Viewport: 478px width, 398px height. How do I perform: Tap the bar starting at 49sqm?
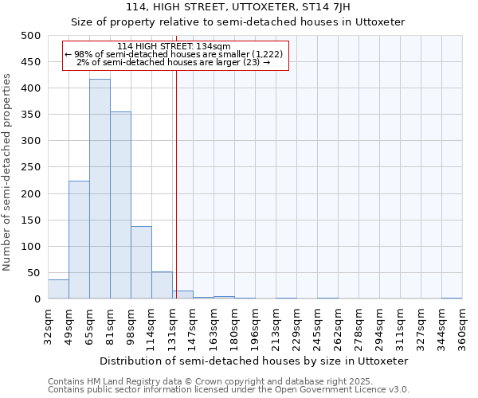point(79,240)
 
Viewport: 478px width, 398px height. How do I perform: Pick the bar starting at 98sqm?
point(141,263)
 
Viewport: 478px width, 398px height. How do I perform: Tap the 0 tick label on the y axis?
point(37,299)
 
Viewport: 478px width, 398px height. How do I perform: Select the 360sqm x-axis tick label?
point(463,326)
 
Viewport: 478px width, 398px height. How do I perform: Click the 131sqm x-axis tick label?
point(172,326)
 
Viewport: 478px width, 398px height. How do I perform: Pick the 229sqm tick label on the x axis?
point(296,326)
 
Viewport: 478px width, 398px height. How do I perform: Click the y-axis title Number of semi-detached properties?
point(8,171)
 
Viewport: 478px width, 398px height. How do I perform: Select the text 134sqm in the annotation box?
point(214,47)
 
